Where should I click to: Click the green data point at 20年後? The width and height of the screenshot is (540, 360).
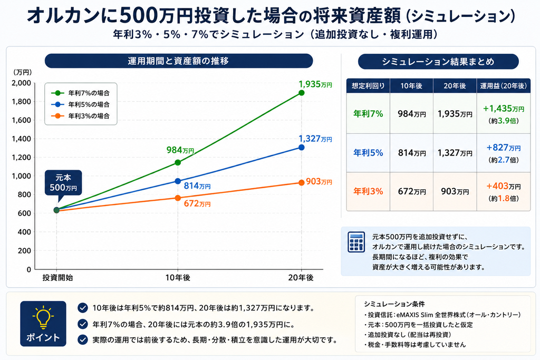[301, 93]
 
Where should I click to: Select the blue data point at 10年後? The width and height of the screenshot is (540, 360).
[178, 181]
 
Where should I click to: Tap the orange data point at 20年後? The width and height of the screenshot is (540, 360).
[301, 183]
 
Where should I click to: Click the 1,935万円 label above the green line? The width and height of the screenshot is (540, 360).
[315, 84]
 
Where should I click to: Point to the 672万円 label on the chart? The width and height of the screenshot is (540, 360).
[197, 203]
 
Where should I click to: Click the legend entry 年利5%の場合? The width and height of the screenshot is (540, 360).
[80, 104]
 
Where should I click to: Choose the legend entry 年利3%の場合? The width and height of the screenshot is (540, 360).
[80, 116]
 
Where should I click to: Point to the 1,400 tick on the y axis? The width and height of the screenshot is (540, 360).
[21, 139]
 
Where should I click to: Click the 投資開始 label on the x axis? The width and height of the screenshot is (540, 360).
[57, 278]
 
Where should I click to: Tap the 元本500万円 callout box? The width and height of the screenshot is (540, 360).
[63, 183]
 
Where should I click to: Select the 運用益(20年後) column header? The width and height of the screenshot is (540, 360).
[504, 86]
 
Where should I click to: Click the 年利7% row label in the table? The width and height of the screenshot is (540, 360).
[368, 114]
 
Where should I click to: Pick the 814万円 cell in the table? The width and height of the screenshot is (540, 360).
[411, 153]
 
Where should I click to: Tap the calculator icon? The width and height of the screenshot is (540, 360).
[356, 242]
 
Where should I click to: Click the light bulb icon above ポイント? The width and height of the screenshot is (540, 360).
[43, 317]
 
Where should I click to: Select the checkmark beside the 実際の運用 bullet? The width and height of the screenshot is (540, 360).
[83, 339]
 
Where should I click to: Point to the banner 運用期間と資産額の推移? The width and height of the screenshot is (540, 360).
[179, 61]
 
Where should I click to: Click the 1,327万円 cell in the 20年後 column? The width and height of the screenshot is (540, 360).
[455, 153]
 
